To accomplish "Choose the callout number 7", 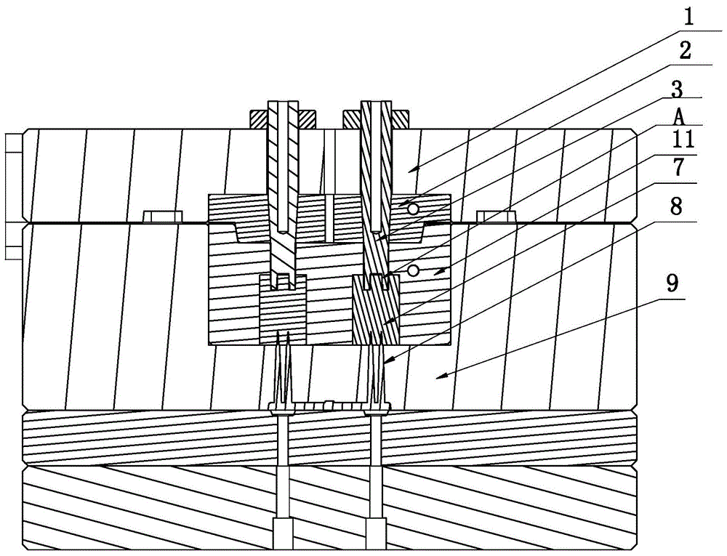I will tap(678, 168).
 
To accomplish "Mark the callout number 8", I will tap(676, 205).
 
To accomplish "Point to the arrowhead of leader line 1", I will tap(409, 171).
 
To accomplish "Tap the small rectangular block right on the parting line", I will tap(496, 216).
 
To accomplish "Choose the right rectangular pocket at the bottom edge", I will tap(375, 536).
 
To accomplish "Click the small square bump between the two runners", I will tap(329, 404).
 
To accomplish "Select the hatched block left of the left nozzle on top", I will tap(259, 117).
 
